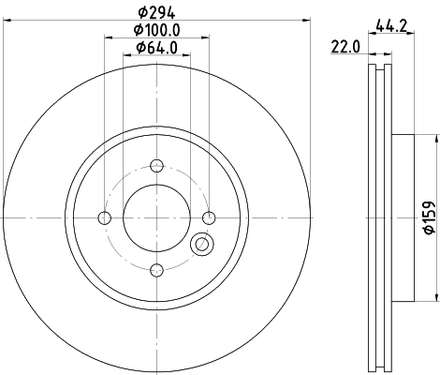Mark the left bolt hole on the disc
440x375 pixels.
click(104, 218)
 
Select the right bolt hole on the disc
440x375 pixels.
click(210, 218)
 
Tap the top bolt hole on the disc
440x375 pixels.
click(156, 167)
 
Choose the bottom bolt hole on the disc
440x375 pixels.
click(156, 271)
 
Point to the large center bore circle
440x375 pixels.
click(156, 218)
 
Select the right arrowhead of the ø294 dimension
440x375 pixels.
click(306, 21)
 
